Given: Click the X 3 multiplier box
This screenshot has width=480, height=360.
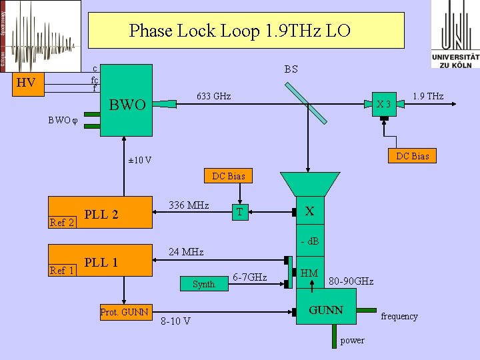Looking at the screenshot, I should point(383,104).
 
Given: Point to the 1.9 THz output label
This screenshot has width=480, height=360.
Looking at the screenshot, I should point(428,97).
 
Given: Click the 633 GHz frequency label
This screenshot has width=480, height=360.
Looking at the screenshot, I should point(213,97).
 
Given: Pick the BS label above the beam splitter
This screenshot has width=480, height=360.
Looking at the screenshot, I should point(291,69).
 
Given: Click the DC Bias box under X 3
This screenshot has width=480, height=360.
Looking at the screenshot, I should point(413,156).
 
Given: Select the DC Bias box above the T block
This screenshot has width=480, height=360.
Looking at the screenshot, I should point(228,176).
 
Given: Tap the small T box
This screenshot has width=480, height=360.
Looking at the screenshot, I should point(239,212).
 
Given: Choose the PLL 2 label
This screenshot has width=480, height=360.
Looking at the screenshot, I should point(101,215).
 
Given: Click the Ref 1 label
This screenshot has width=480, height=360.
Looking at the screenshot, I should point(62,271).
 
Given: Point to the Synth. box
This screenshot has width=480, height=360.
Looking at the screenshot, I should point(204,284).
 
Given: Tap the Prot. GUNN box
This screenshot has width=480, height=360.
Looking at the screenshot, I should point(125,312).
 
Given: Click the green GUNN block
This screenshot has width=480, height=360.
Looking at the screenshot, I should point(327,311).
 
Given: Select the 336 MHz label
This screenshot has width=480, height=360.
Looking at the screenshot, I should point(189,205).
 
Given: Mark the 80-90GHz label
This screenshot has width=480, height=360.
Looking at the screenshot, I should point(351,282).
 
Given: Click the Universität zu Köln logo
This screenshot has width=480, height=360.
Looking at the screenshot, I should point(455,34).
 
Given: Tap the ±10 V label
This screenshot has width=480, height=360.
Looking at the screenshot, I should point(139,160).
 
